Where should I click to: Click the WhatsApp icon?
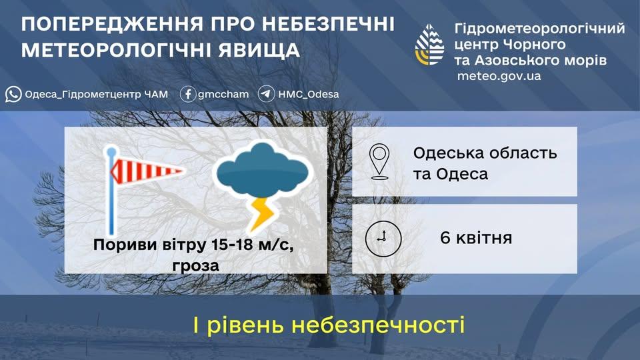pos(13,94)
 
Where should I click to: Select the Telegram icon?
pos(267,94)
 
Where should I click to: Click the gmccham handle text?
pos(223,94)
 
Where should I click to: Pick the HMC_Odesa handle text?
pos(309,94)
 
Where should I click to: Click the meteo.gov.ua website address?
pos(499,76)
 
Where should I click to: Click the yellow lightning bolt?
pos(261,213)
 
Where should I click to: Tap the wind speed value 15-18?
pos(233,245)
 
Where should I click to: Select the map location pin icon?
pos(381,161)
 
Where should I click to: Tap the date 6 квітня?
pos(476,238)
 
